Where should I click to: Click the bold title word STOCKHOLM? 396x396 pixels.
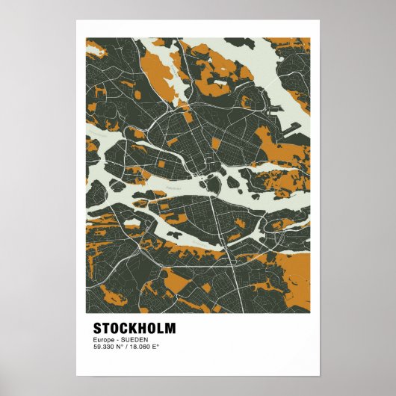134,329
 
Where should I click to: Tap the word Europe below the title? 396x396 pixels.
103,341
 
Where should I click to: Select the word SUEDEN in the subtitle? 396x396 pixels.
132,341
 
